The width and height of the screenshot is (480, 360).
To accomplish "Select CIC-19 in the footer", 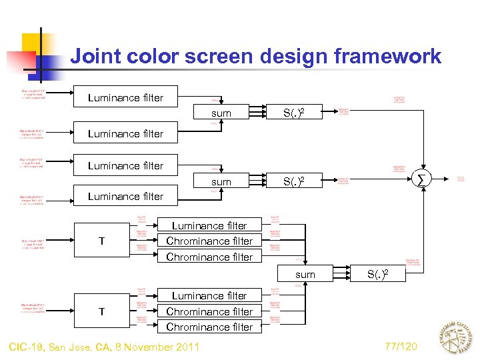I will (29, 347).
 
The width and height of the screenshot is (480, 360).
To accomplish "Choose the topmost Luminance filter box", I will (125, 98).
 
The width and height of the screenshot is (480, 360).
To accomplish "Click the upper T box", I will (101, 241).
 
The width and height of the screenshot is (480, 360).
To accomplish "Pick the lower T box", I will (101, 311).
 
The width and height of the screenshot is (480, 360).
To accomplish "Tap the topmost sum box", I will (221, 113).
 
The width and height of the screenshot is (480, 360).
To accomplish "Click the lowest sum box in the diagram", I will (305, 275).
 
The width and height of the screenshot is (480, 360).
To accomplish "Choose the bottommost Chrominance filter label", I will (209, 327).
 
